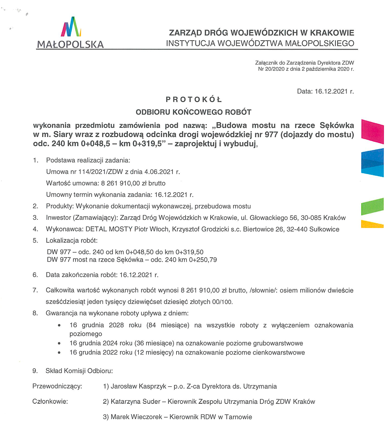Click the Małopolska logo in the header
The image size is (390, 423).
pos(71,33)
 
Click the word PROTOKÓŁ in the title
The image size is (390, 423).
pos(194,99)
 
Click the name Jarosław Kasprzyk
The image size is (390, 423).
pos(138,386)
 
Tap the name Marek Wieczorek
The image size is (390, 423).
pos(136,417)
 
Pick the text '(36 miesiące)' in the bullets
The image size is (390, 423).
pos(154,343)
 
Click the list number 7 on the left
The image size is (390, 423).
pos(35,290)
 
